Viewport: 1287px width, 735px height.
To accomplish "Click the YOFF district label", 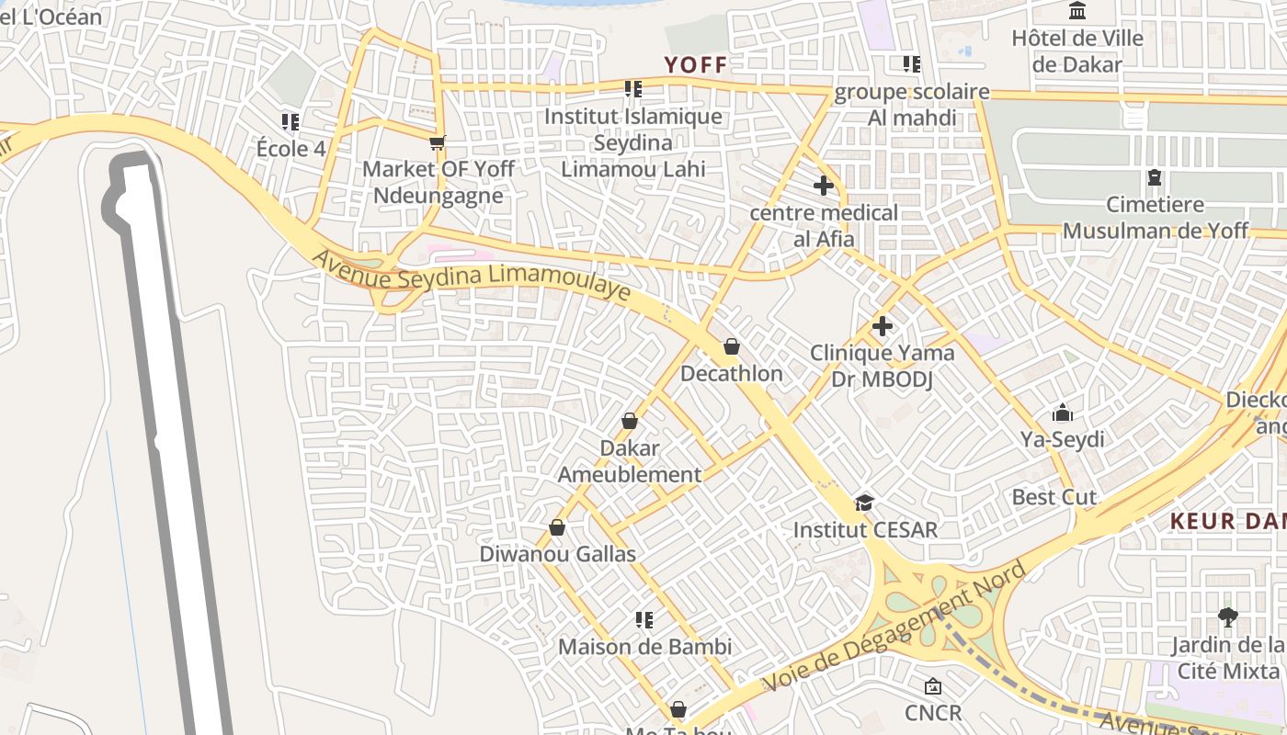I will point(696,64).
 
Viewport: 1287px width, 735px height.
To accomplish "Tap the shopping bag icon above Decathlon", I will point(732,346).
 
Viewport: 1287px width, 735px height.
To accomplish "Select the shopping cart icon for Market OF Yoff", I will point(438,142).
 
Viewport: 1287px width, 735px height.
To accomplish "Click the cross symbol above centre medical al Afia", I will point(824,186).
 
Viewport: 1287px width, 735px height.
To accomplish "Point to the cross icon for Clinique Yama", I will point(883,325).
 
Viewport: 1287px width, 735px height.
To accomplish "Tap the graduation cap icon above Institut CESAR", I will point(864,503).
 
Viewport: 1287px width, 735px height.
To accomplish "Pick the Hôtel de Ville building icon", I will point(1077,11).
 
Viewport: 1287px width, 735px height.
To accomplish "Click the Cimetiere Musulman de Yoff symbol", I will point(1155,176).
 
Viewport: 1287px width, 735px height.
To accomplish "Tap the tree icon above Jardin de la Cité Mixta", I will point(1227,616).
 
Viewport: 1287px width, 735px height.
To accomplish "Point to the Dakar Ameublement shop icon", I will point(630,421).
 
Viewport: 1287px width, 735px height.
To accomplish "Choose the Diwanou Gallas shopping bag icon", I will point(557,527).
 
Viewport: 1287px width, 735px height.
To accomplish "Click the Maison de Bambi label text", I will point(645,647).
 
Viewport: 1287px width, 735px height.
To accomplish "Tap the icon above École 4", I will point(290,121).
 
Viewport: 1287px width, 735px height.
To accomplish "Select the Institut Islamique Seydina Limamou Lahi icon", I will point(632,89).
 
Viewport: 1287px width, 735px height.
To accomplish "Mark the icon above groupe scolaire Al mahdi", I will point(911,64).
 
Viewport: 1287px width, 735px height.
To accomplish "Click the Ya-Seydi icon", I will point(1063,412).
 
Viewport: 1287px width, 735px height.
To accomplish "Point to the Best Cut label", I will point(1054,497).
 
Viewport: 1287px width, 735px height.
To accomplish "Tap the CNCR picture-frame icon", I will point(932,685).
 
